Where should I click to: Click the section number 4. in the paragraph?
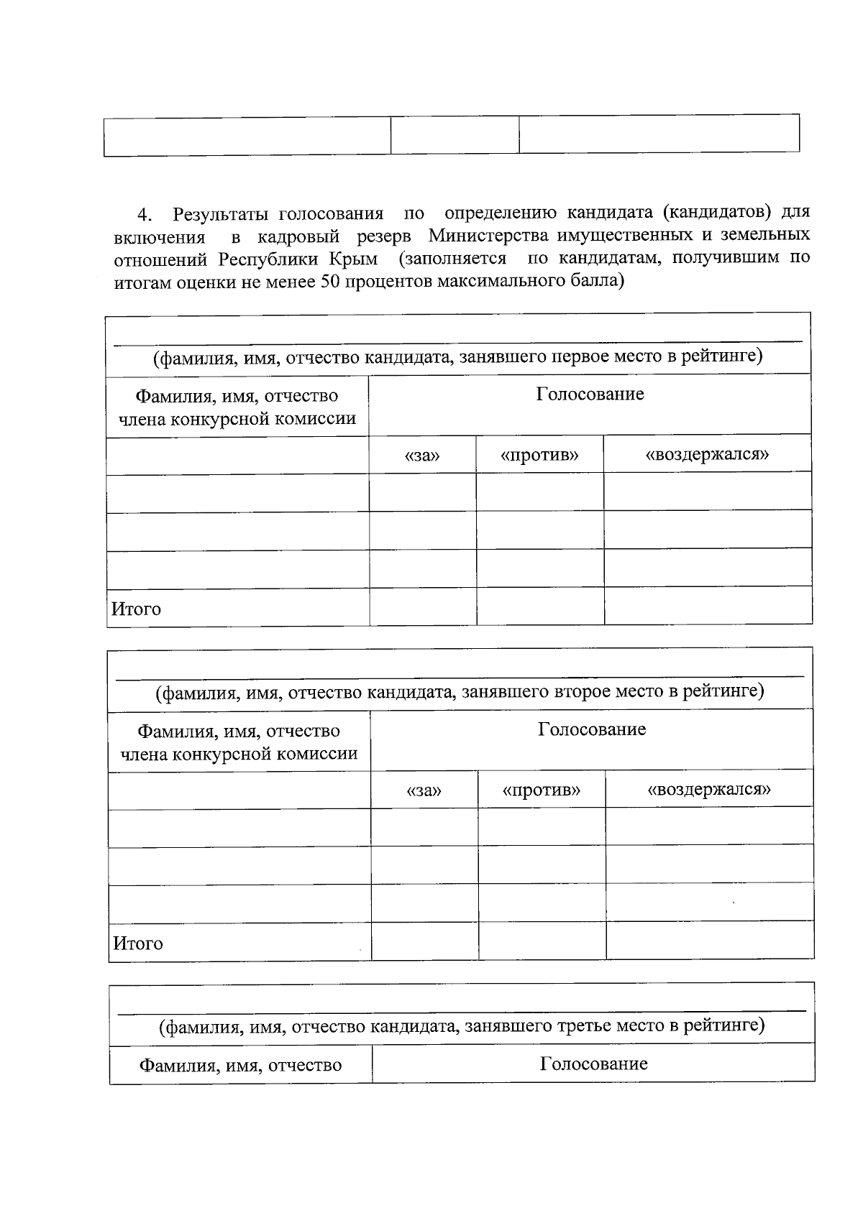click(x=145, y=215)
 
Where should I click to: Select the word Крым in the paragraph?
click(x=354, y=258)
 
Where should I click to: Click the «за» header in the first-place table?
click(x=422, y=456)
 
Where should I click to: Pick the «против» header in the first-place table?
click(x=539, y=456)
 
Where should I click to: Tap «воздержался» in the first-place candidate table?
click(x=708, y=454)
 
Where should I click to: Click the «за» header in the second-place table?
click(x=424, y=790)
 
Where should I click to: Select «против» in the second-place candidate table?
click(x=541, y=790)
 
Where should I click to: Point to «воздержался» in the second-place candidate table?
click(x=709, y=789)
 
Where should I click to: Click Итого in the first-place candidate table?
click(x=136, y=609)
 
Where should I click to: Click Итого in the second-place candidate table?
click(x=137, y=943)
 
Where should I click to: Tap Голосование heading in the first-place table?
click(x=590, y=394)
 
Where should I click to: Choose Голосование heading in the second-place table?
click(x=592, y=729)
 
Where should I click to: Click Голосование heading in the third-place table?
click(x=593, y=1064)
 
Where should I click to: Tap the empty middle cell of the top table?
click(x=455, y=135)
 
